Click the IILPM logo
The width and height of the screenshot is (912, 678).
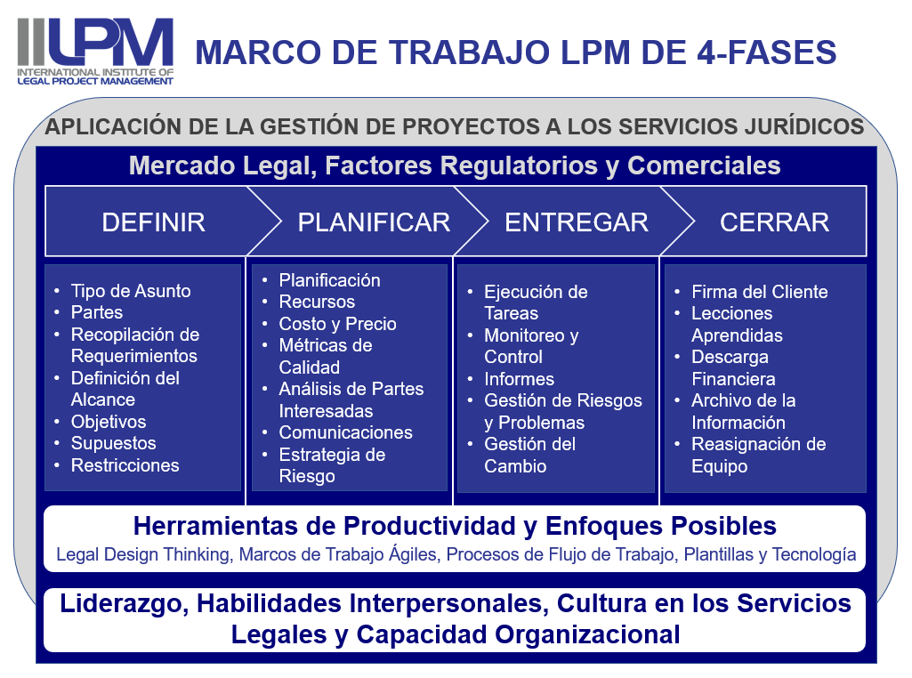point(95,52)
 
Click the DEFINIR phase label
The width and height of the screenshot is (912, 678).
point(154,222)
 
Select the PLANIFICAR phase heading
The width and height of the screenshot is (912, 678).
point(374,222)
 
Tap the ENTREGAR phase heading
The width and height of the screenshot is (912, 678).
point(577,222)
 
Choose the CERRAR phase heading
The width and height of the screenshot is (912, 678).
point(775,222)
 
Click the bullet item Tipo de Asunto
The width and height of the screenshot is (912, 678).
point(131,291)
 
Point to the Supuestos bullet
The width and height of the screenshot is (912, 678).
point(113,444)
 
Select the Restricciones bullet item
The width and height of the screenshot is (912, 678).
point(125,465)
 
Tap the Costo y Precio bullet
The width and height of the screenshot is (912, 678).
point(337,324)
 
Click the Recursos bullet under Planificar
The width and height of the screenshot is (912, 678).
point(317,302)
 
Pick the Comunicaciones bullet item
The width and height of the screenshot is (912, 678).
point(345,432)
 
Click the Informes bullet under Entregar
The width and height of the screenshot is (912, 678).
point(520,379)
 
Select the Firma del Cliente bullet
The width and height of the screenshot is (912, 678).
point(760,292)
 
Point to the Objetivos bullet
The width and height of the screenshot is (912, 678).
point(109,422)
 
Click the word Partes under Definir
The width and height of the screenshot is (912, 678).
point(97,312)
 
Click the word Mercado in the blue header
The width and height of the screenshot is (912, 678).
point(182,165)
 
